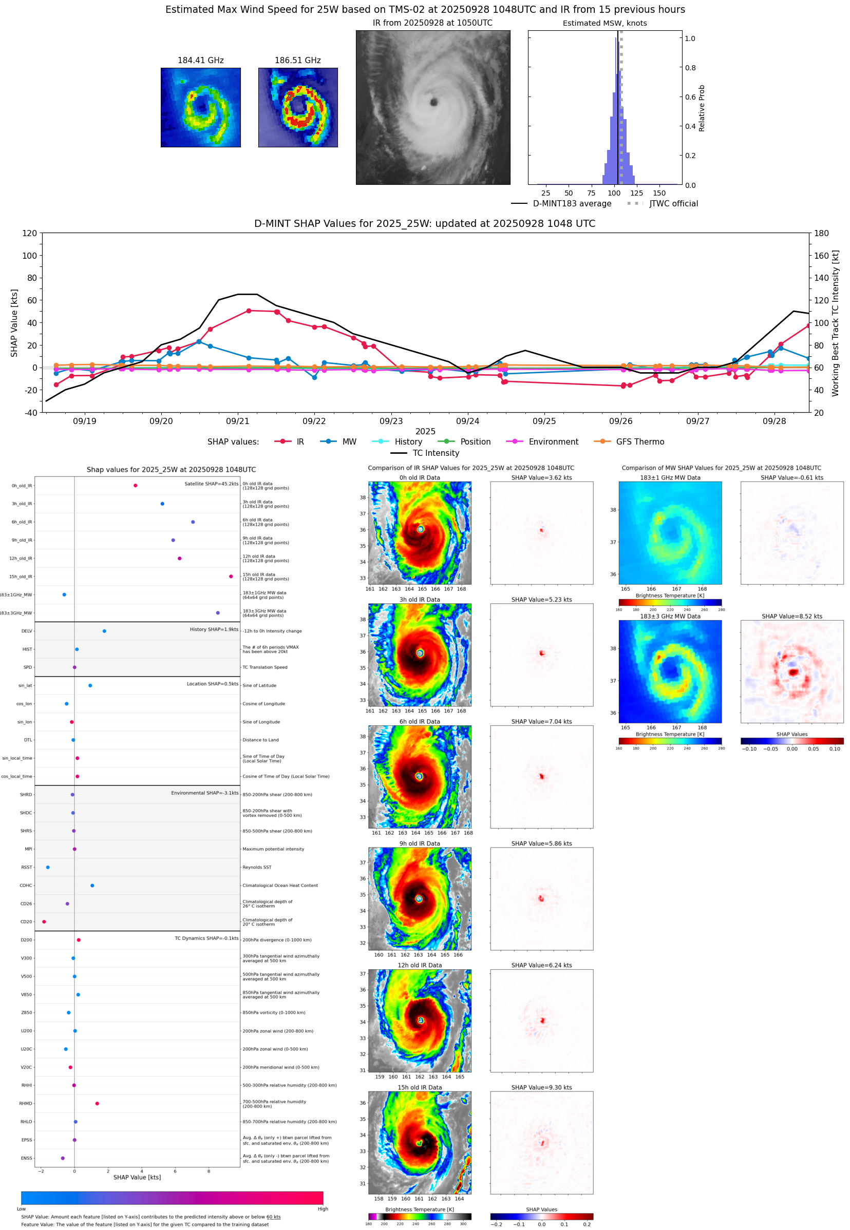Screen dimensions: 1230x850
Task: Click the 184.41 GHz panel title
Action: (200, 60)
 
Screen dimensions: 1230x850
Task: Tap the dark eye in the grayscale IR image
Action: (433, 102)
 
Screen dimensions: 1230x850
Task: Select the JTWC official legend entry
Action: (673, 203)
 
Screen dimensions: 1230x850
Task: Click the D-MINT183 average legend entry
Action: (572, 203)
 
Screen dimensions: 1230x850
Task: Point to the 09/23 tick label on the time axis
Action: (391, 421)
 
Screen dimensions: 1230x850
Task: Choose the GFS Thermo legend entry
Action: (639, 442)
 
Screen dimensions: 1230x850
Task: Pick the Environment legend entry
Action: (553, 442)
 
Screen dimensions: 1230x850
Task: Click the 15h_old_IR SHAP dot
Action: (231, 576)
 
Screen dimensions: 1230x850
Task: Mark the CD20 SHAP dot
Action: (44, 922)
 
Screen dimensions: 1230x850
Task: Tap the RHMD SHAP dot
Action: (97, 1103)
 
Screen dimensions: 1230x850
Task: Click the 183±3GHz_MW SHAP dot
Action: (218, 612)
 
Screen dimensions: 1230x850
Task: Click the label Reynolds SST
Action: (257, 867)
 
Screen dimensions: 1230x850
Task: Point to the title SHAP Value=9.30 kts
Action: (541, 1087)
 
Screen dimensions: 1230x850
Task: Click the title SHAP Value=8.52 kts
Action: (791, 617)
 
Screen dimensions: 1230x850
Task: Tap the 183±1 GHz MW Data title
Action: (670, 477)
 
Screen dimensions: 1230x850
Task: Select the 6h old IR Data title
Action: (420, 722)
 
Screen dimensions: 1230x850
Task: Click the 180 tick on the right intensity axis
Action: (821, 233)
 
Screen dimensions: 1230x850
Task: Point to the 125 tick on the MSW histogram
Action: (636, 193)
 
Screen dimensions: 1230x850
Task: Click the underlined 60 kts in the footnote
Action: (273, 1217)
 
